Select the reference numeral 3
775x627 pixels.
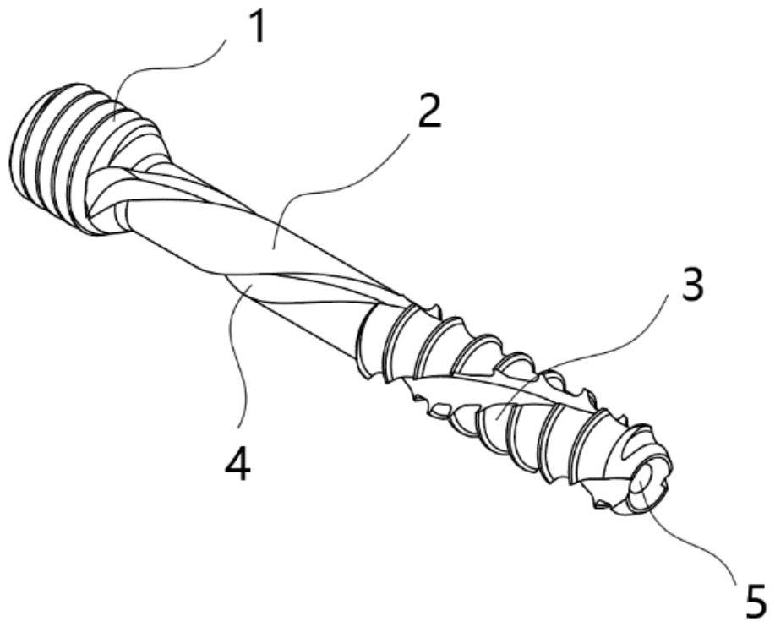tap(691, 287)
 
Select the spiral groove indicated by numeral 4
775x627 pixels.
tap(254, 292)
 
